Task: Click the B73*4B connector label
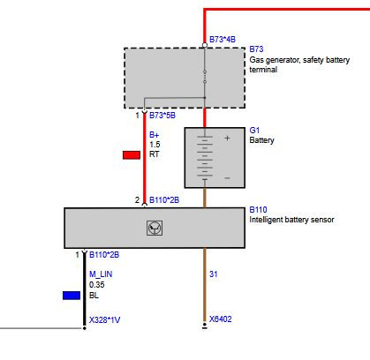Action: [x=223, y=40]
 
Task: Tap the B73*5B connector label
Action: [x=162, y=116]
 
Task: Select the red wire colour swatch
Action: [x=132, y=155]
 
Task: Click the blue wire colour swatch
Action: [x=72, y=296]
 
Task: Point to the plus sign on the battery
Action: [x=227, y=138]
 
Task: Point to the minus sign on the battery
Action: [x=227, y=178]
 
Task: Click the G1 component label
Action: [x=254, y=130]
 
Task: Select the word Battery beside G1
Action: [x=261, y=140]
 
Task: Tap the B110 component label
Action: [x=258, y=210]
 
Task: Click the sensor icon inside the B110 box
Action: [x=155, y=228]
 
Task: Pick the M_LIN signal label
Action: [x=101, y=274]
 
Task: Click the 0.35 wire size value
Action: [x=97, y=285]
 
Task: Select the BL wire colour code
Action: [x=94, y=296]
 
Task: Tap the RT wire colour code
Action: [x=155, y=154]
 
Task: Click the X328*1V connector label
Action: [x=104, y=320]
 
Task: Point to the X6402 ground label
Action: [x=221, y=319]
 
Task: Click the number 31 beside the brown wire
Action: [x=214, y=274]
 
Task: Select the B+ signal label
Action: [x=155, y=135]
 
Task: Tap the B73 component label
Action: [x=256, y=49]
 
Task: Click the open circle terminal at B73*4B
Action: [x=205, y=45]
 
